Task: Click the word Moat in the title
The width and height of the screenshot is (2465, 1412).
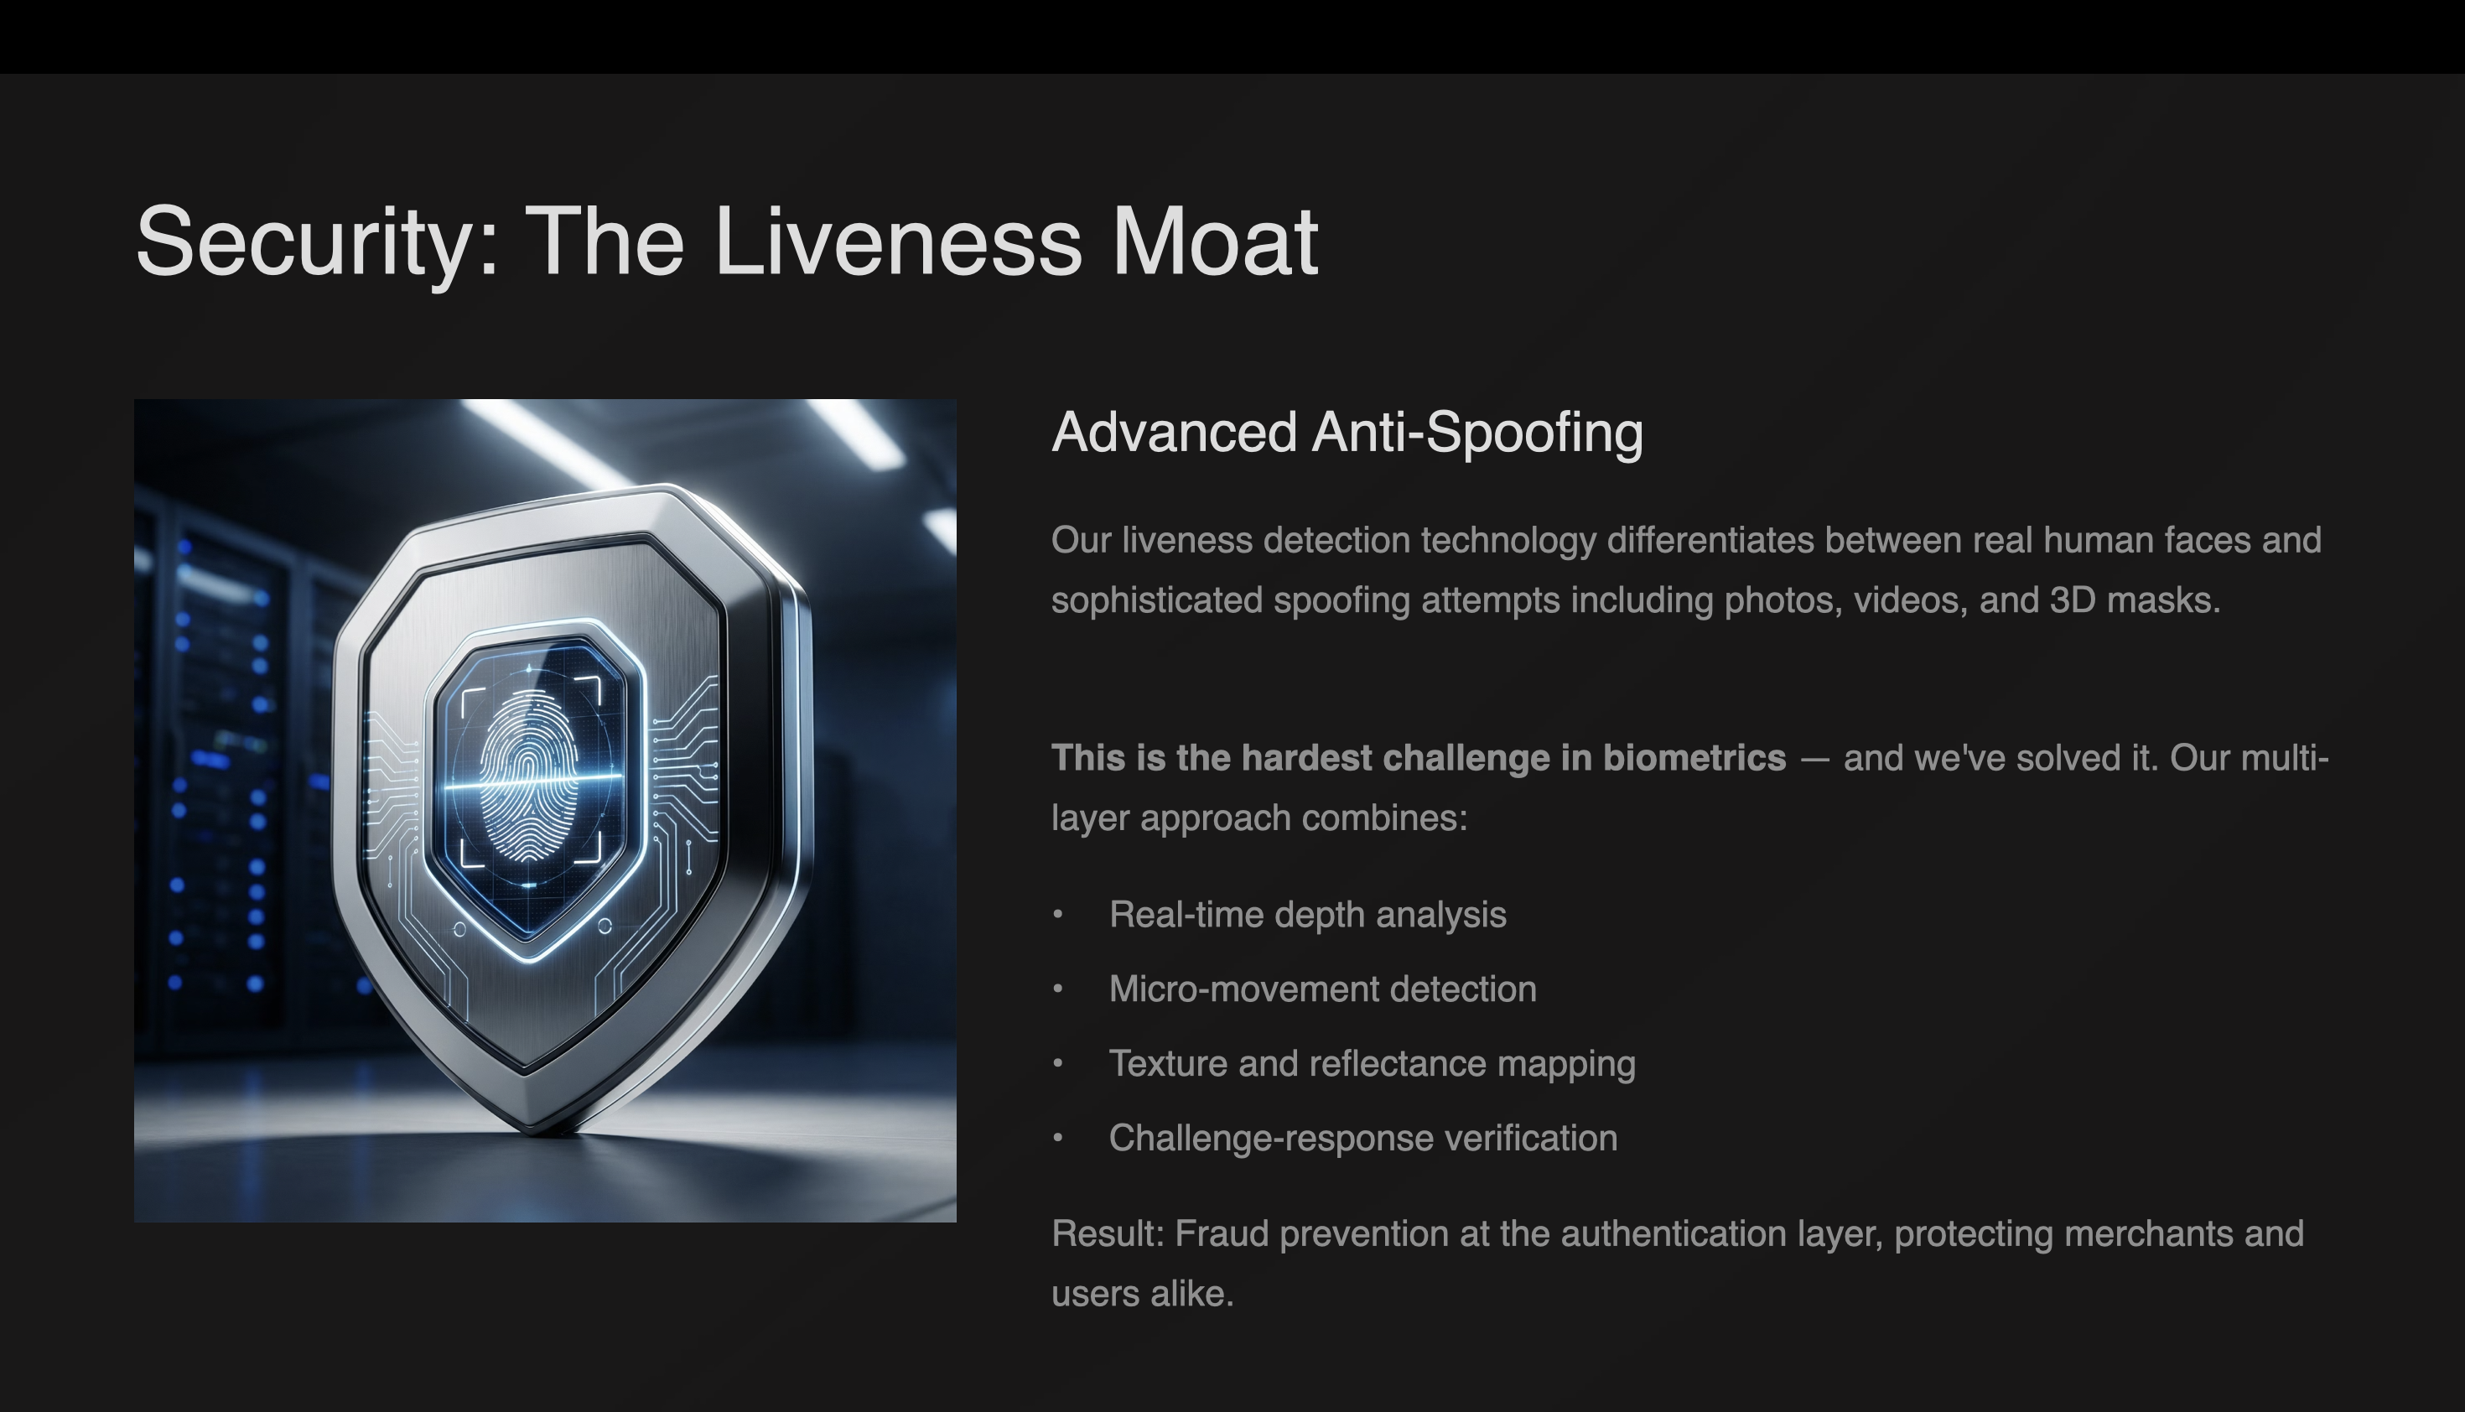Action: (1214, 242)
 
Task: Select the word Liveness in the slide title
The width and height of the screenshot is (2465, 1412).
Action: (897, 242)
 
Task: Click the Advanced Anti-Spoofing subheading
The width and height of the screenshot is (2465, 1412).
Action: (1347, 432)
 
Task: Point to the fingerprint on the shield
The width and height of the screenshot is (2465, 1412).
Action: (528, 776)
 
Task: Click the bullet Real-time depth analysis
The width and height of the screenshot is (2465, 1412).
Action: (1307, 915)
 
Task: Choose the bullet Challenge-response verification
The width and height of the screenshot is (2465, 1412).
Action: (1362, 1139)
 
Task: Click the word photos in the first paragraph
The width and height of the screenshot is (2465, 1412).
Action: (1783, 601)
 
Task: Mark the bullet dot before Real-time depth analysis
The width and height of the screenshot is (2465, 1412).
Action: (1058, 915)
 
